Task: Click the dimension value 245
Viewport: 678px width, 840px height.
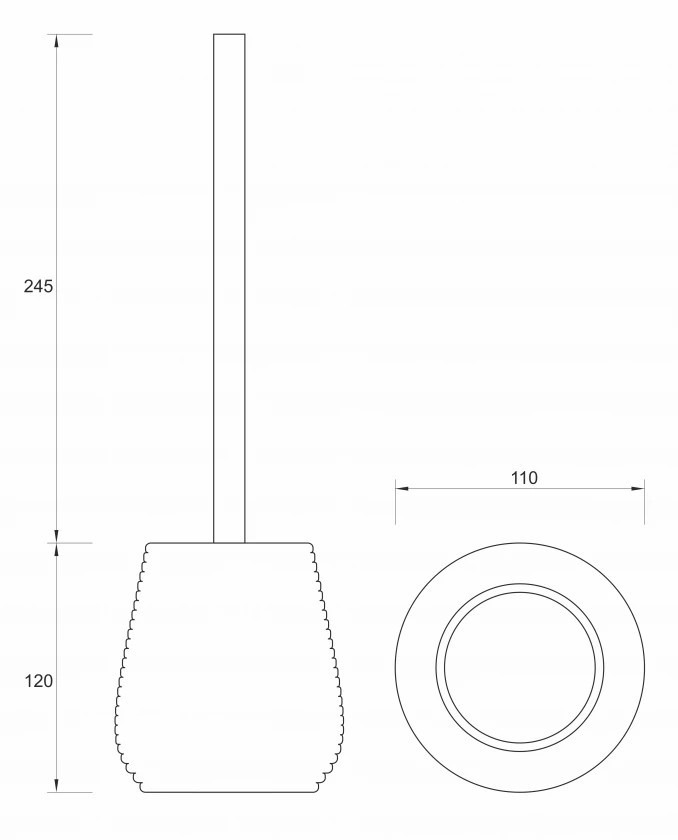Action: (39, 287)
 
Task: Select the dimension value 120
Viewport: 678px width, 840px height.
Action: (39, 681)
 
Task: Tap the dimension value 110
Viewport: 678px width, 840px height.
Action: (523, 478)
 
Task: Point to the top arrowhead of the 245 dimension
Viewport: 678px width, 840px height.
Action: (57, 41)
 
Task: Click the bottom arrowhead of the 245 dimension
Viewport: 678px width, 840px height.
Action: (57, 536)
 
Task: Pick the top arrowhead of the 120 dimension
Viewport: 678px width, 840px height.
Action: (57, 551)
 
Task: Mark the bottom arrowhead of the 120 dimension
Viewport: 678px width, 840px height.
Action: (57, 785)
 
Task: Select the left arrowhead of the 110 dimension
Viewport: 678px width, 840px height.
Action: (403, 489)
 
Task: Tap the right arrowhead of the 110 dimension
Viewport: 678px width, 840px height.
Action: (637, 489)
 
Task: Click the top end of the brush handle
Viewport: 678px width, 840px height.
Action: (229, 34)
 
